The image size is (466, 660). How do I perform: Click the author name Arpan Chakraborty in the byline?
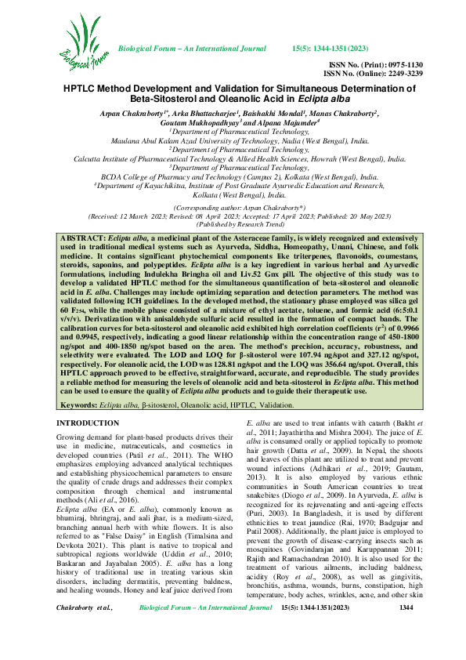click(x=127, y=114)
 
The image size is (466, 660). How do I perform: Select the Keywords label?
click(x=78, y=405)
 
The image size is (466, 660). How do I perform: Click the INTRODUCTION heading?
click(x=89, y=423)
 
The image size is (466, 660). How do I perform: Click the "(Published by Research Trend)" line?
click(x=233, y=201)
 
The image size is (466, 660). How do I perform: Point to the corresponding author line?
click(x=233, y=185)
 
